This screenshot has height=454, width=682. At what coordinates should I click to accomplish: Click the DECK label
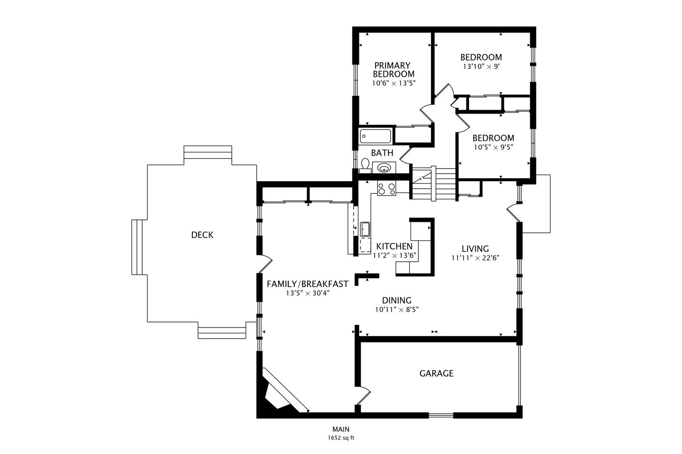click(x=202, y=235)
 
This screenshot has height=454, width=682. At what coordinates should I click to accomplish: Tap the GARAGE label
click(x=436, y=373)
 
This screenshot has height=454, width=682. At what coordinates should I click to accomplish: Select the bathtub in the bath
click(x=376, y=136)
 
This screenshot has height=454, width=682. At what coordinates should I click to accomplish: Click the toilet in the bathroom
click(x=365, y=165)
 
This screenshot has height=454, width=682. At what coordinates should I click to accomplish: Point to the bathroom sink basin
click(x=384, y=168)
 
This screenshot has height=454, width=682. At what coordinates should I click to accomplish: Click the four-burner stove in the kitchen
click(x=386, y=188)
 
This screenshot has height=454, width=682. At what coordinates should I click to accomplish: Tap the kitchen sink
click(x=365, y=230)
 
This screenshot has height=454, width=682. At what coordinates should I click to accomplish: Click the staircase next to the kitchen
click(x=434, y=184)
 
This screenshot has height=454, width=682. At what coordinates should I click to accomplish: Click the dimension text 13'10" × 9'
click(x=481, y=66)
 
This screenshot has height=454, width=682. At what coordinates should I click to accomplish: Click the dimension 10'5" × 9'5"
click(x=493, y=147)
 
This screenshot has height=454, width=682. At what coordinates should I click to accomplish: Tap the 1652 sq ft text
click(x=341, y=438)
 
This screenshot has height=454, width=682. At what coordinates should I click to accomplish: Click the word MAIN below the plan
click(x=341, y=429)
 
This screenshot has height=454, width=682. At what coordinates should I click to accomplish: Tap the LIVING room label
click(x=475, y=248)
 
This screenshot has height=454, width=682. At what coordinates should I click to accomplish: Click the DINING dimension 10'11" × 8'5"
click(x=397, y=310)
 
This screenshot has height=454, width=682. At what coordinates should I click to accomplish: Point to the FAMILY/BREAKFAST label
click(x=307, y=284)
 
